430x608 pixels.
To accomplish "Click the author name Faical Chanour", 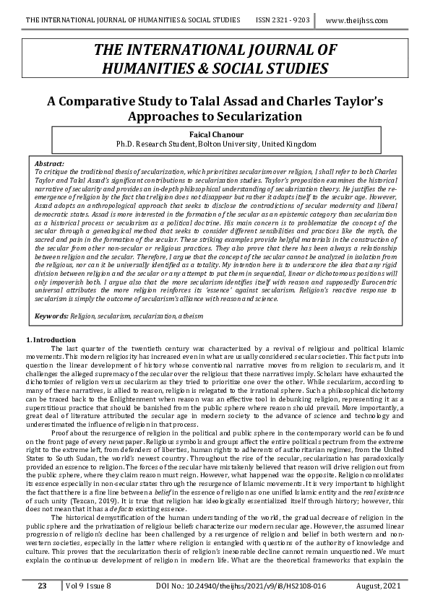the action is (x=215, y=135).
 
